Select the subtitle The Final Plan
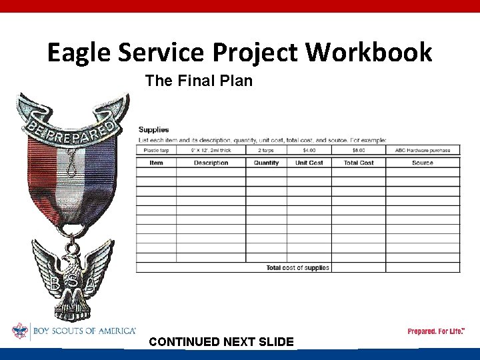pos(199,81)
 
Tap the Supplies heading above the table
pos(153,129)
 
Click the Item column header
pos(156,163)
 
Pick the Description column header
pos(211,163)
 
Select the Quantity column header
pos(266,163)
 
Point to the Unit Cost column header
pos(309,163)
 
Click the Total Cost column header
pos(358,163)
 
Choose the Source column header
pos(422,163)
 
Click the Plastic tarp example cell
pos(156,150)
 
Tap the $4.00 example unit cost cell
pos(309,150)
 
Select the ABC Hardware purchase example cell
pos(422,150)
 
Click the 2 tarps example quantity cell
pos(266,150)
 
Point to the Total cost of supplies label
pos(297,267)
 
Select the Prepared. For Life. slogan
pos(436,331)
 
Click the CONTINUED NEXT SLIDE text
pos(221,342)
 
